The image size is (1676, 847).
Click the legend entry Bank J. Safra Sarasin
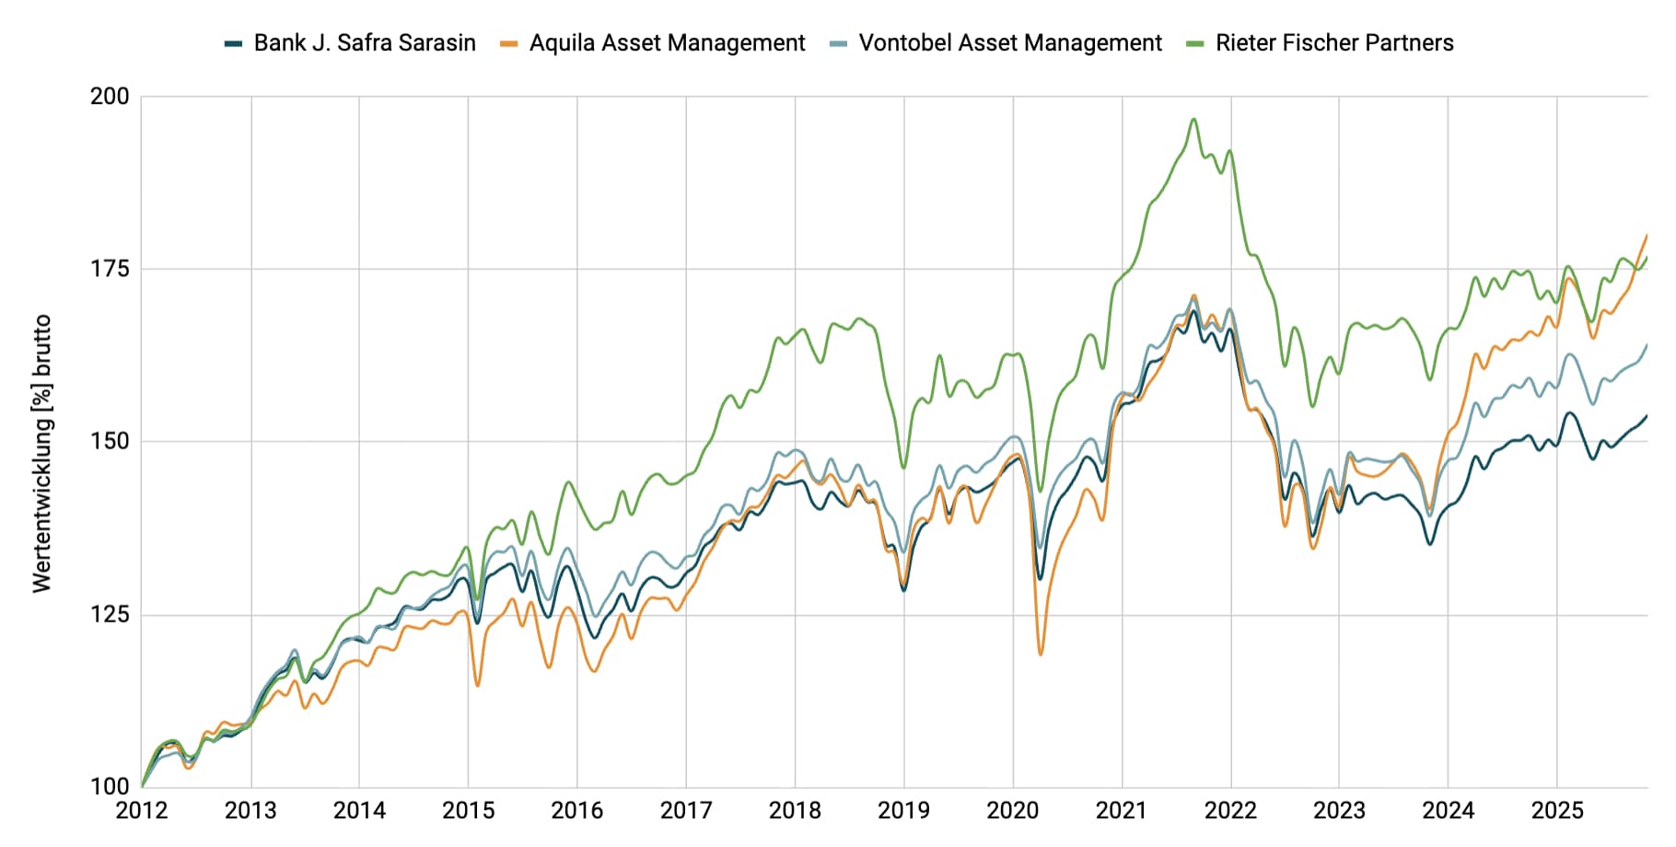tap(364, 43)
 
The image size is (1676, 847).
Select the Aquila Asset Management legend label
tap(667, 43)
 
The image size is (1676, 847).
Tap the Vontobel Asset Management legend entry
tap(1009, 43)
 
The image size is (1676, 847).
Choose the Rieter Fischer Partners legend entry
tap(1333, 43)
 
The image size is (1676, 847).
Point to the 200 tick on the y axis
tap(110, 97)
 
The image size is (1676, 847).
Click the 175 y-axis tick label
tap(110, 269)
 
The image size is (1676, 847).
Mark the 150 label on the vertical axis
tap(110, 441)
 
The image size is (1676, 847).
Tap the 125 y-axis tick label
tap(110, 614)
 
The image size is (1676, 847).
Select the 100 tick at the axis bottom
tap(110, 786)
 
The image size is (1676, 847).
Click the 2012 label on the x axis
tap(142, 811)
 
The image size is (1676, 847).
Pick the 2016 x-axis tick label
tap(576, 811)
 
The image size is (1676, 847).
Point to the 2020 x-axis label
tap(1012, 811)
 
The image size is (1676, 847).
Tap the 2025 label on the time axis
tap(1556, 811)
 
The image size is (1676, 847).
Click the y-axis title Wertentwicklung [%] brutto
tap(41, 453)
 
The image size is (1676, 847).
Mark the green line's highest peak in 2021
tap(1193, 119)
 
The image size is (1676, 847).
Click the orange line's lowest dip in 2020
tap(1041, 654)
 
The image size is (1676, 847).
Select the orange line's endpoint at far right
tap(1647, 235)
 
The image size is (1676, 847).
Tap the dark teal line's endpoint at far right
tap(1647, 415)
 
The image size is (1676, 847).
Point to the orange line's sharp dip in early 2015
tap(477, 685)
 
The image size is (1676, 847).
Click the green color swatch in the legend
tap(1195, 43)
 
